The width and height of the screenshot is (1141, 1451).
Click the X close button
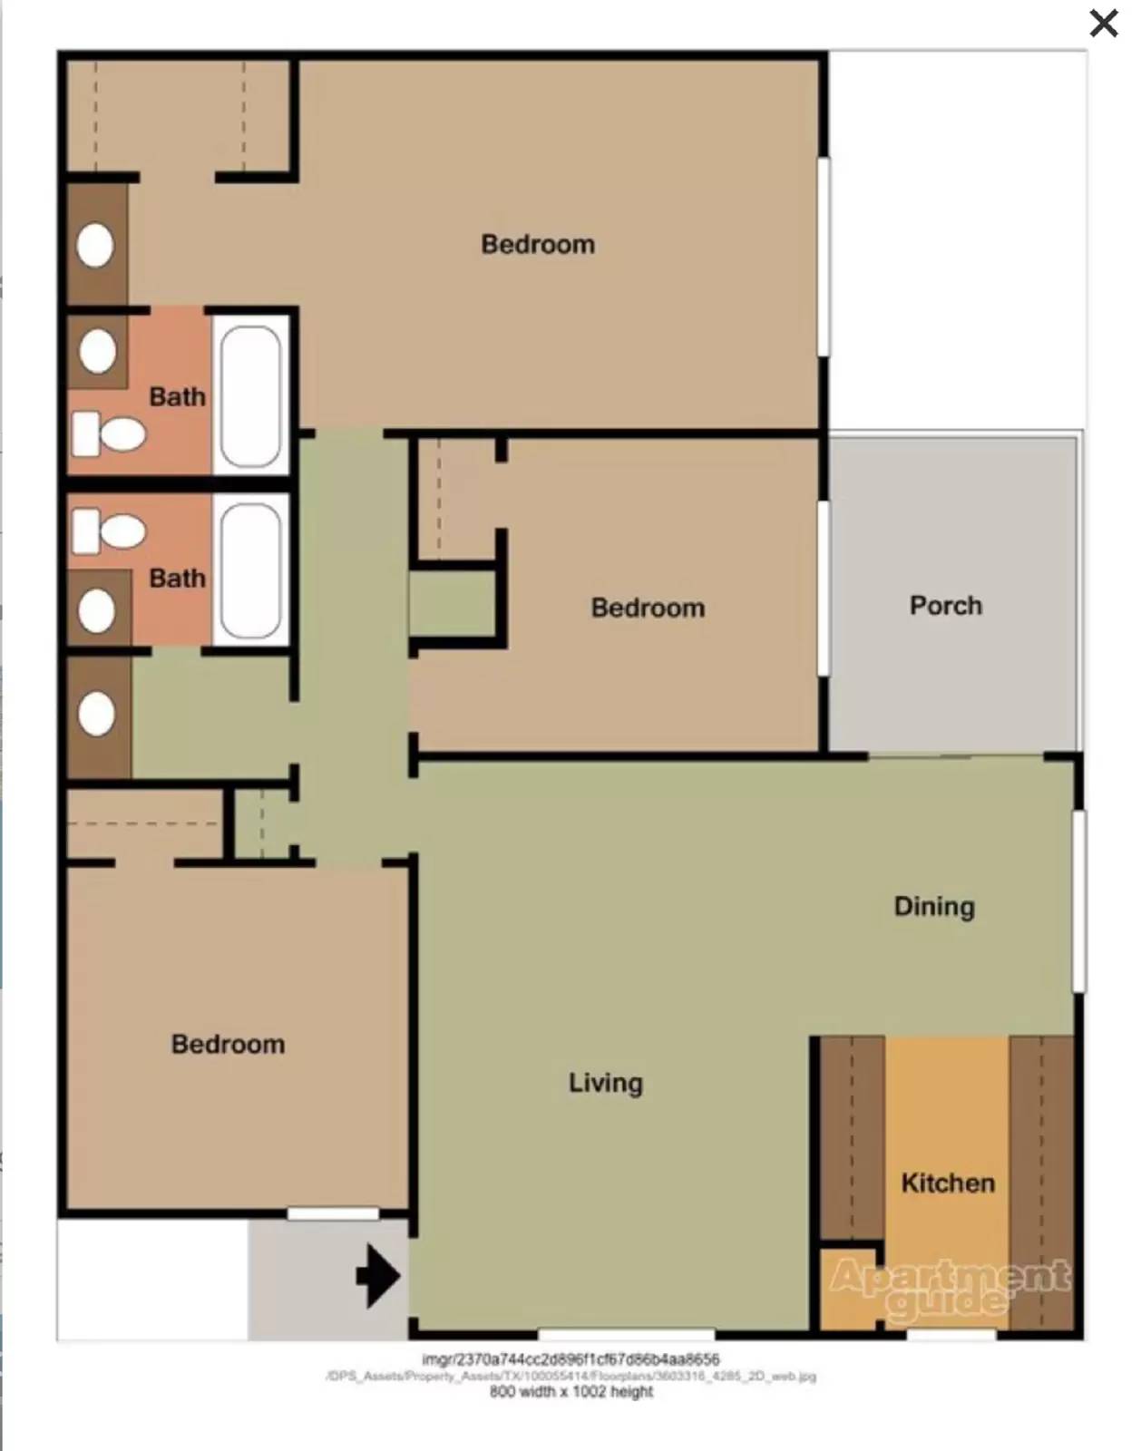point(1103,24)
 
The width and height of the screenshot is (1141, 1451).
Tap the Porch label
point(945,606)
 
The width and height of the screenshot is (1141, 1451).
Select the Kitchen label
point(948,1183)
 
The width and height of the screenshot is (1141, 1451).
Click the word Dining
point(934,906)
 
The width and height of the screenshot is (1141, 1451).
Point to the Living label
point(605,1083)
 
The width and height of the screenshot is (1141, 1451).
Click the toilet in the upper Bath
point(110,434)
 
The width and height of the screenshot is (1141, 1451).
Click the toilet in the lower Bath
point(110,531)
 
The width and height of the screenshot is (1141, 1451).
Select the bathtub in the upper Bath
point(250,395)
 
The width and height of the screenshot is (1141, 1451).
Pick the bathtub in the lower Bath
point(250,571)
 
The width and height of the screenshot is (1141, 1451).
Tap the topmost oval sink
point(95,246)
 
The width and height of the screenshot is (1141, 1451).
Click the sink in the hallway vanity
point(97,715)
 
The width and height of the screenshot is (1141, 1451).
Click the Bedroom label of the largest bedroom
point(538,244)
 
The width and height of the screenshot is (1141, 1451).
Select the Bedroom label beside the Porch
point(648,608)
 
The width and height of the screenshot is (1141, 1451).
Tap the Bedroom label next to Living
point(228,1044)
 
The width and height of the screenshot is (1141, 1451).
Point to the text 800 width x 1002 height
point(570,1392)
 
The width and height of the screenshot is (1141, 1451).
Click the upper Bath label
point(177,397)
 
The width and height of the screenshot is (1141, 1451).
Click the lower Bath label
point(177,579)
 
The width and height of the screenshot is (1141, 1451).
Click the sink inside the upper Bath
point(98,351)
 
